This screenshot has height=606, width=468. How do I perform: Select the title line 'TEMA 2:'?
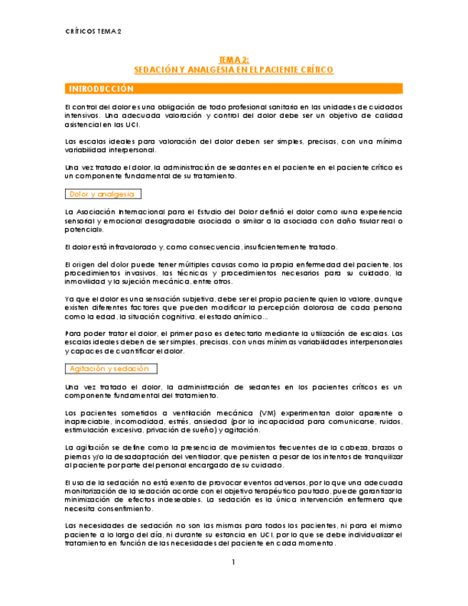(x=234, y=61)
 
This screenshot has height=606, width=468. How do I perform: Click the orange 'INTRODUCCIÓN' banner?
(x=101, y=89)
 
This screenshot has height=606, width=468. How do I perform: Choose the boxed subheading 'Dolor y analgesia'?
(x=103, y=194)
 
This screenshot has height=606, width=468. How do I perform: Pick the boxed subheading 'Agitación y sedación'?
(x=109, y=368)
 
